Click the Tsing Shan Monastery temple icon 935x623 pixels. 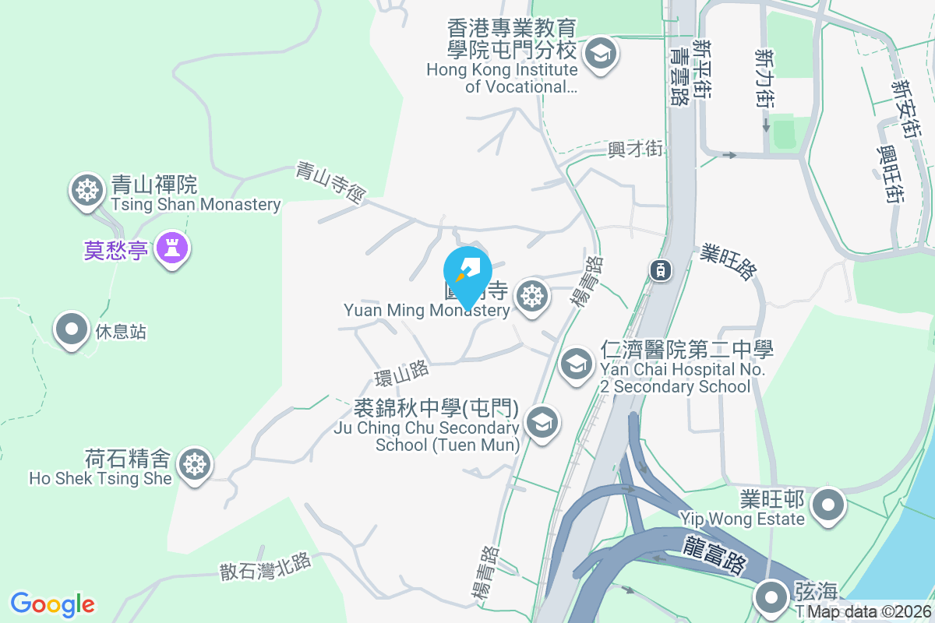click(x=86, y=190)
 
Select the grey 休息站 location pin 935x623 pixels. click(x=72, y=329)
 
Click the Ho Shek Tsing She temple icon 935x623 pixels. click(x=193, y=465)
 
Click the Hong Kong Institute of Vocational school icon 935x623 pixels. click(x=601, y=55)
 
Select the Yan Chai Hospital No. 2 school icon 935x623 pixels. click(x=577, y=363)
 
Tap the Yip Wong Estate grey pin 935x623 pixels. click(x=828, y=505)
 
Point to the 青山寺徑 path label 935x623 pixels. click(x=330, y=182)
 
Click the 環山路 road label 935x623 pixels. click(x=401, y=373)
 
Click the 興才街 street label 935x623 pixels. click(x=636, y=148)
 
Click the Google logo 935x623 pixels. click(x=53, y=604)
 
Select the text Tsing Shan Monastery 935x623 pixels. click(x=196, y=205)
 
